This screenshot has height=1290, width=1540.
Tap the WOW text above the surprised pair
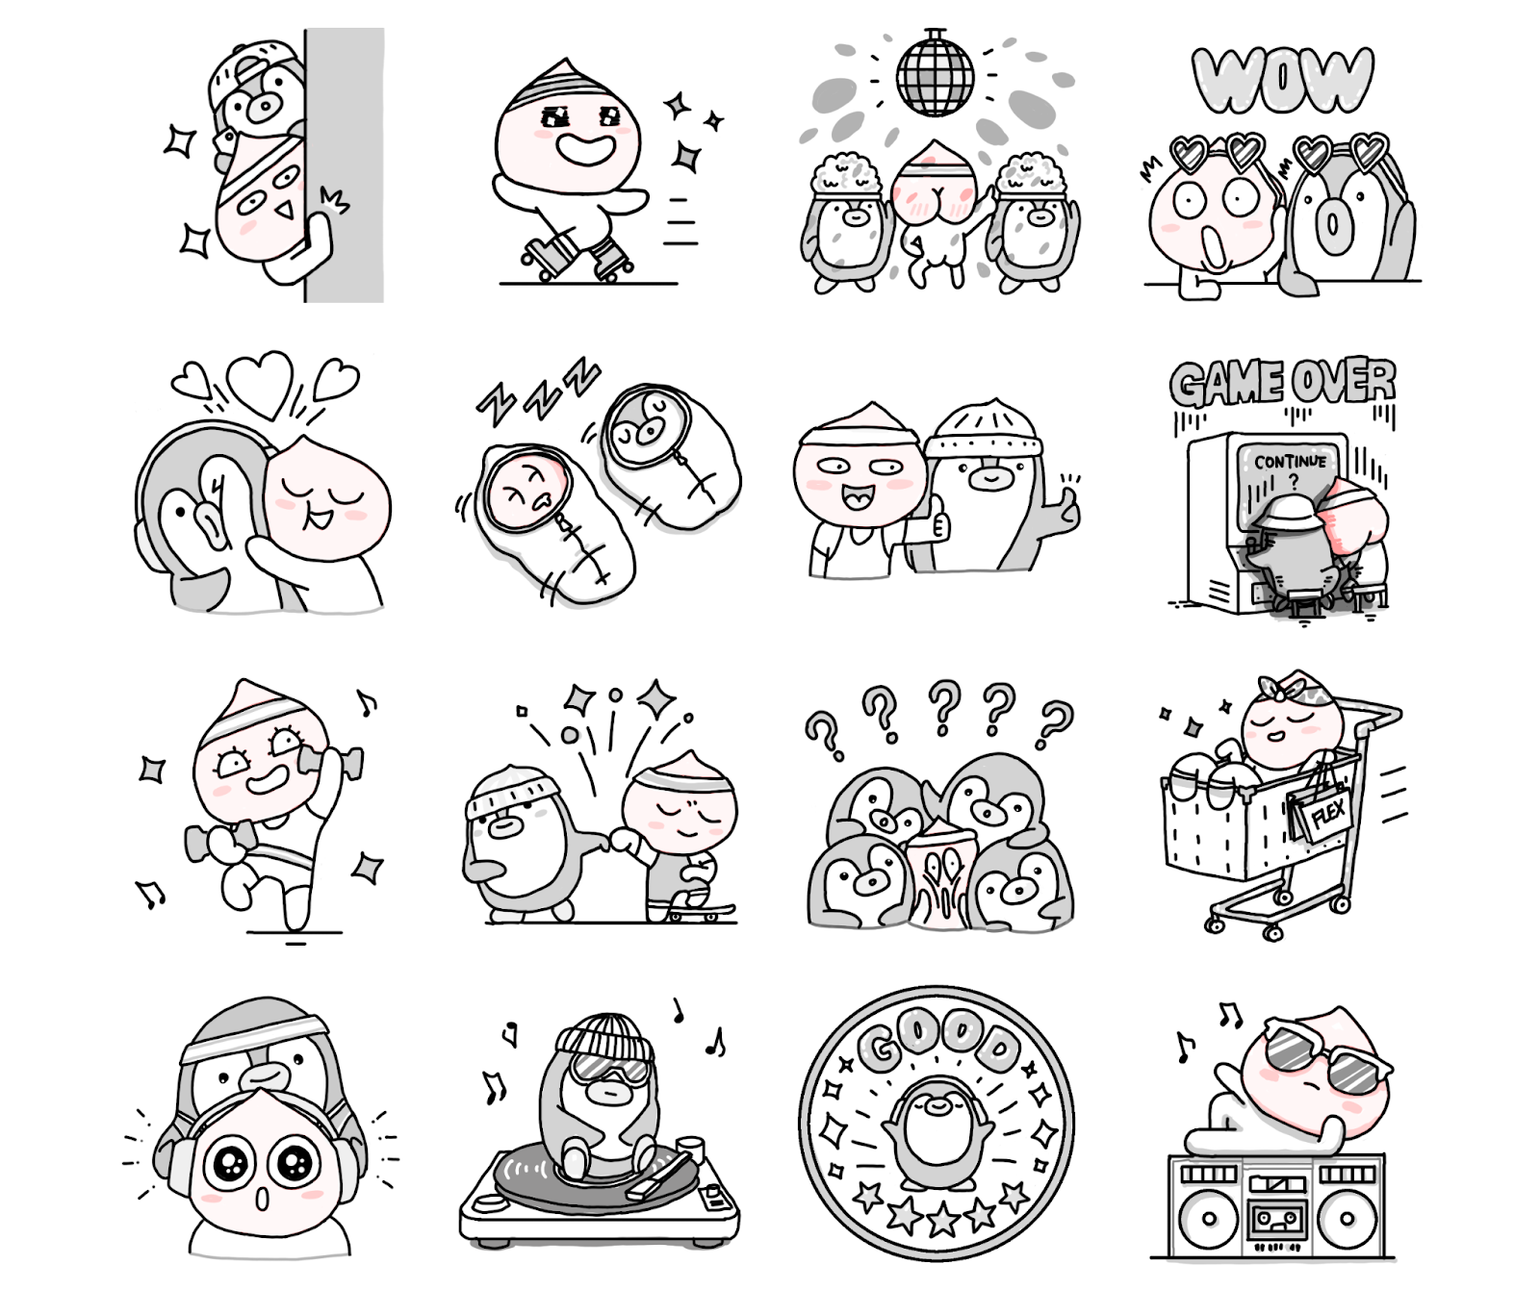pos(1282,79)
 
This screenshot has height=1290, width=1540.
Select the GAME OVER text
pos(1282,382)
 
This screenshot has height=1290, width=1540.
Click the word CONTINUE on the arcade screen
pos(1290,462)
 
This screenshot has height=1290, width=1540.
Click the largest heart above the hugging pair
pos(260,380)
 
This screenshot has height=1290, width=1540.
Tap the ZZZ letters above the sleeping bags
pos(538,391)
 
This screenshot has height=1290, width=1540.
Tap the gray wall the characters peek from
pos(345,164)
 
